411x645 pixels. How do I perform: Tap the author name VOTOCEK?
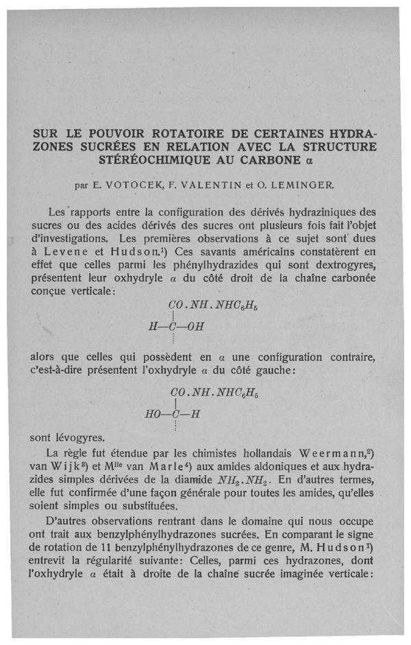[133, 184]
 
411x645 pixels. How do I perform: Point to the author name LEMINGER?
[306, 184]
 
